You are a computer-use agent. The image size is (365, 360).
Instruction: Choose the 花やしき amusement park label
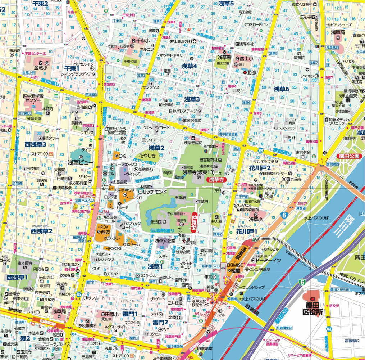coord(147,156)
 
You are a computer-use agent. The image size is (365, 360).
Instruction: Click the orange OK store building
coord(119,156)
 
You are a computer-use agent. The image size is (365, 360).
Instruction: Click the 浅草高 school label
coord(338,32)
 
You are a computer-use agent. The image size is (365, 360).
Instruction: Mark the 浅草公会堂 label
coord(165,240)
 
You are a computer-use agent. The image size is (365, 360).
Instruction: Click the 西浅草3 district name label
coord(35,144)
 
